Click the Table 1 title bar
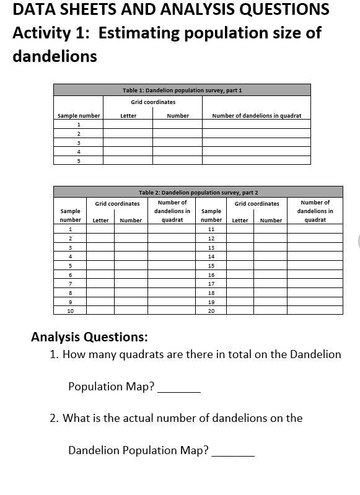[x=182, y=90]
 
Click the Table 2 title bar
[x=198, y=193]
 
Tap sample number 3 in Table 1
[x=79, y=142]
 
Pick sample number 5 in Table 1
[x=79, y=160]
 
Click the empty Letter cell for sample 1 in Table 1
[x=128, y=125]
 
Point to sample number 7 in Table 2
[x=70, y=284]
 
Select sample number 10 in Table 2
[x=70, y=311]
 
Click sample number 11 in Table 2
[x=211, y=229]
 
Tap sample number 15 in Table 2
[x=211, y=265]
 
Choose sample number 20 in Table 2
[x=211, y=311]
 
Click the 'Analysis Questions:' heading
[x=89, y=338]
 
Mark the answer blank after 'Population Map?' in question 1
[x=179, y=388]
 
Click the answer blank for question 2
[x=233, y=452]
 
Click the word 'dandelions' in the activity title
[x=55, y=56]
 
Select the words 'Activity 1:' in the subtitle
[x=51, y=33]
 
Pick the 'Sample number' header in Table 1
[x=79, y=116]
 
